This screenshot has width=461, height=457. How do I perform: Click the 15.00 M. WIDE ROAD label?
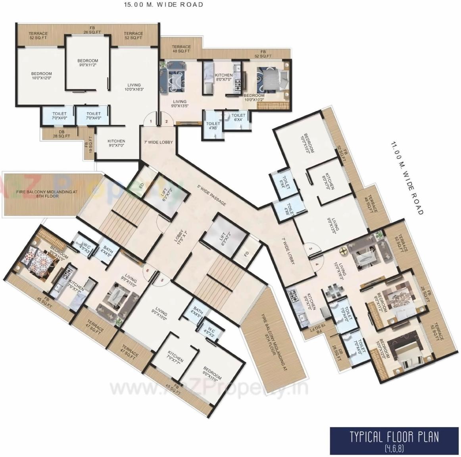[164, 5]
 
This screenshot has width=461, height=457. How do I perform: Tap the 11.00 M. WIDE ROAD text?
[407, 178]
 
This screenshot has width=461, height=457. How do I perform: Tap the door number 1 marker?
[150, 121]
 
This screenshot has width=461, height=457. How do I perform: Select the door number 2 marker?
[167, 121]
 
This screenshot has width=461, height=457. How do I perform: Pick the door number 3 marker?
[311, 249]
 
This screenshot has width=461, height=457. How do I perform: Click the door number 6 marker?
[147, 272]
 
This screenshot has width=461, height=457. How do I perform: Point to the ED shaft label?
[142, 185]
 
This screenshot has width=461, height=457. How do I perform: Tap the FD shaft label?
[247, 254]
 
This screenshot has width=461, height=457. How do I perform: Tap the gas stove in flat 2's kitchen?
[238, 84]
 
